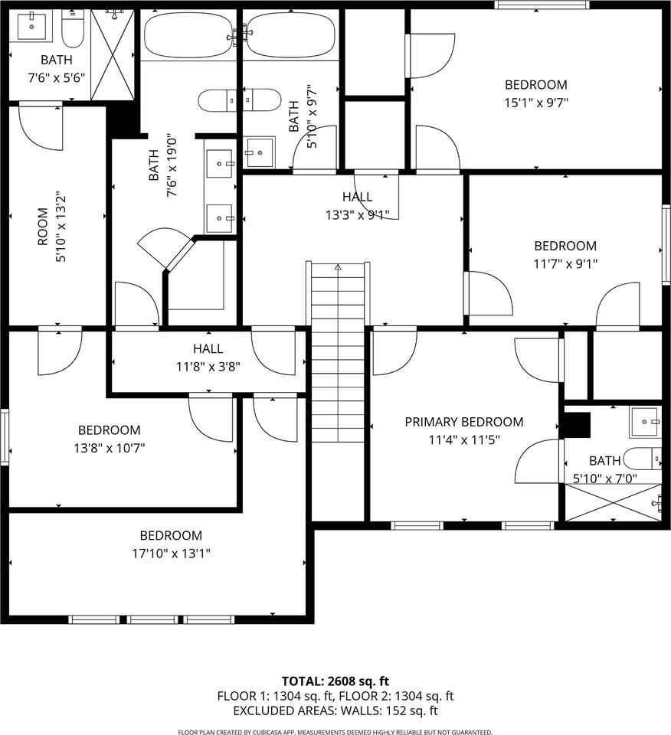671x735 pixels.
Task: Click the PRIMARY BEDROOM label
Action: click(x=463, y=422)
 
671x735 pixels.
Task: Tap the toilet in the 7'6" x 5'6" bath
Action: click(x=73, y=29)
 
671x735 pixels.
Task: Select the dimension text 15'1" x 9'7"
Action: click(x=536, y=103)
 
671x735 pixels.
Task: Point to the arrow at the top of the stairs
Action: click(x=338, y=268)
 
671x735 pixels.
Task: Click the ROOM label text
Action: click(x=43, y=227)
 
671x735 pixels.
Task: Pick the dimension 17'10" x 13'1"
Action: click(x=171, y=554)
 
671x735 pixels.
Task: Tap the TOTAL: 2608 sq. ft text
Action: click(x=335, y=681)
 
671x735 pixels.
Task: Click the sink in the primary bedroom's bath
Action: click(x=645, y=422)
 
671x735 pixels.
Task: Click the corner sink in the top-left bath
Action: click(x=32, y=27)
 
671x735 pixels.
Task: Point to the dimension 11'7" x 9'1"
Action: click(x=565, y=264)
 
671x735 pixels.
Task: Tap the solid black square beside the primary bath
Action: click(x=576, y=425)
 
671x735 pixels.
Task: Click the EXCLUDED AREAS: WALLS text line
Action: click(x=335, y=710)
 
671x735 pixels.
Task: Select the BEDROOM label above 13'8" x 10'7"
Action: click(x=110, y=430)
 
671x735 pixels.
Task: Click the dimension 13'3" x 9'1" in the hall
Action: click(x=358, y=215)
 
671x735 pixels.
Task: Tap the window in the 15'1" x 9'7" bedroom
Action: click(x=542, y=5)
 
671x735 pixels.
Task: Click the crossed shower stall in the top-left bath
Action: click(x=113, y=55)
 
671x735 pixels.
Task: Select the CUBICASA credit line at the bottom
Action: click(x=335, y=732)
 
